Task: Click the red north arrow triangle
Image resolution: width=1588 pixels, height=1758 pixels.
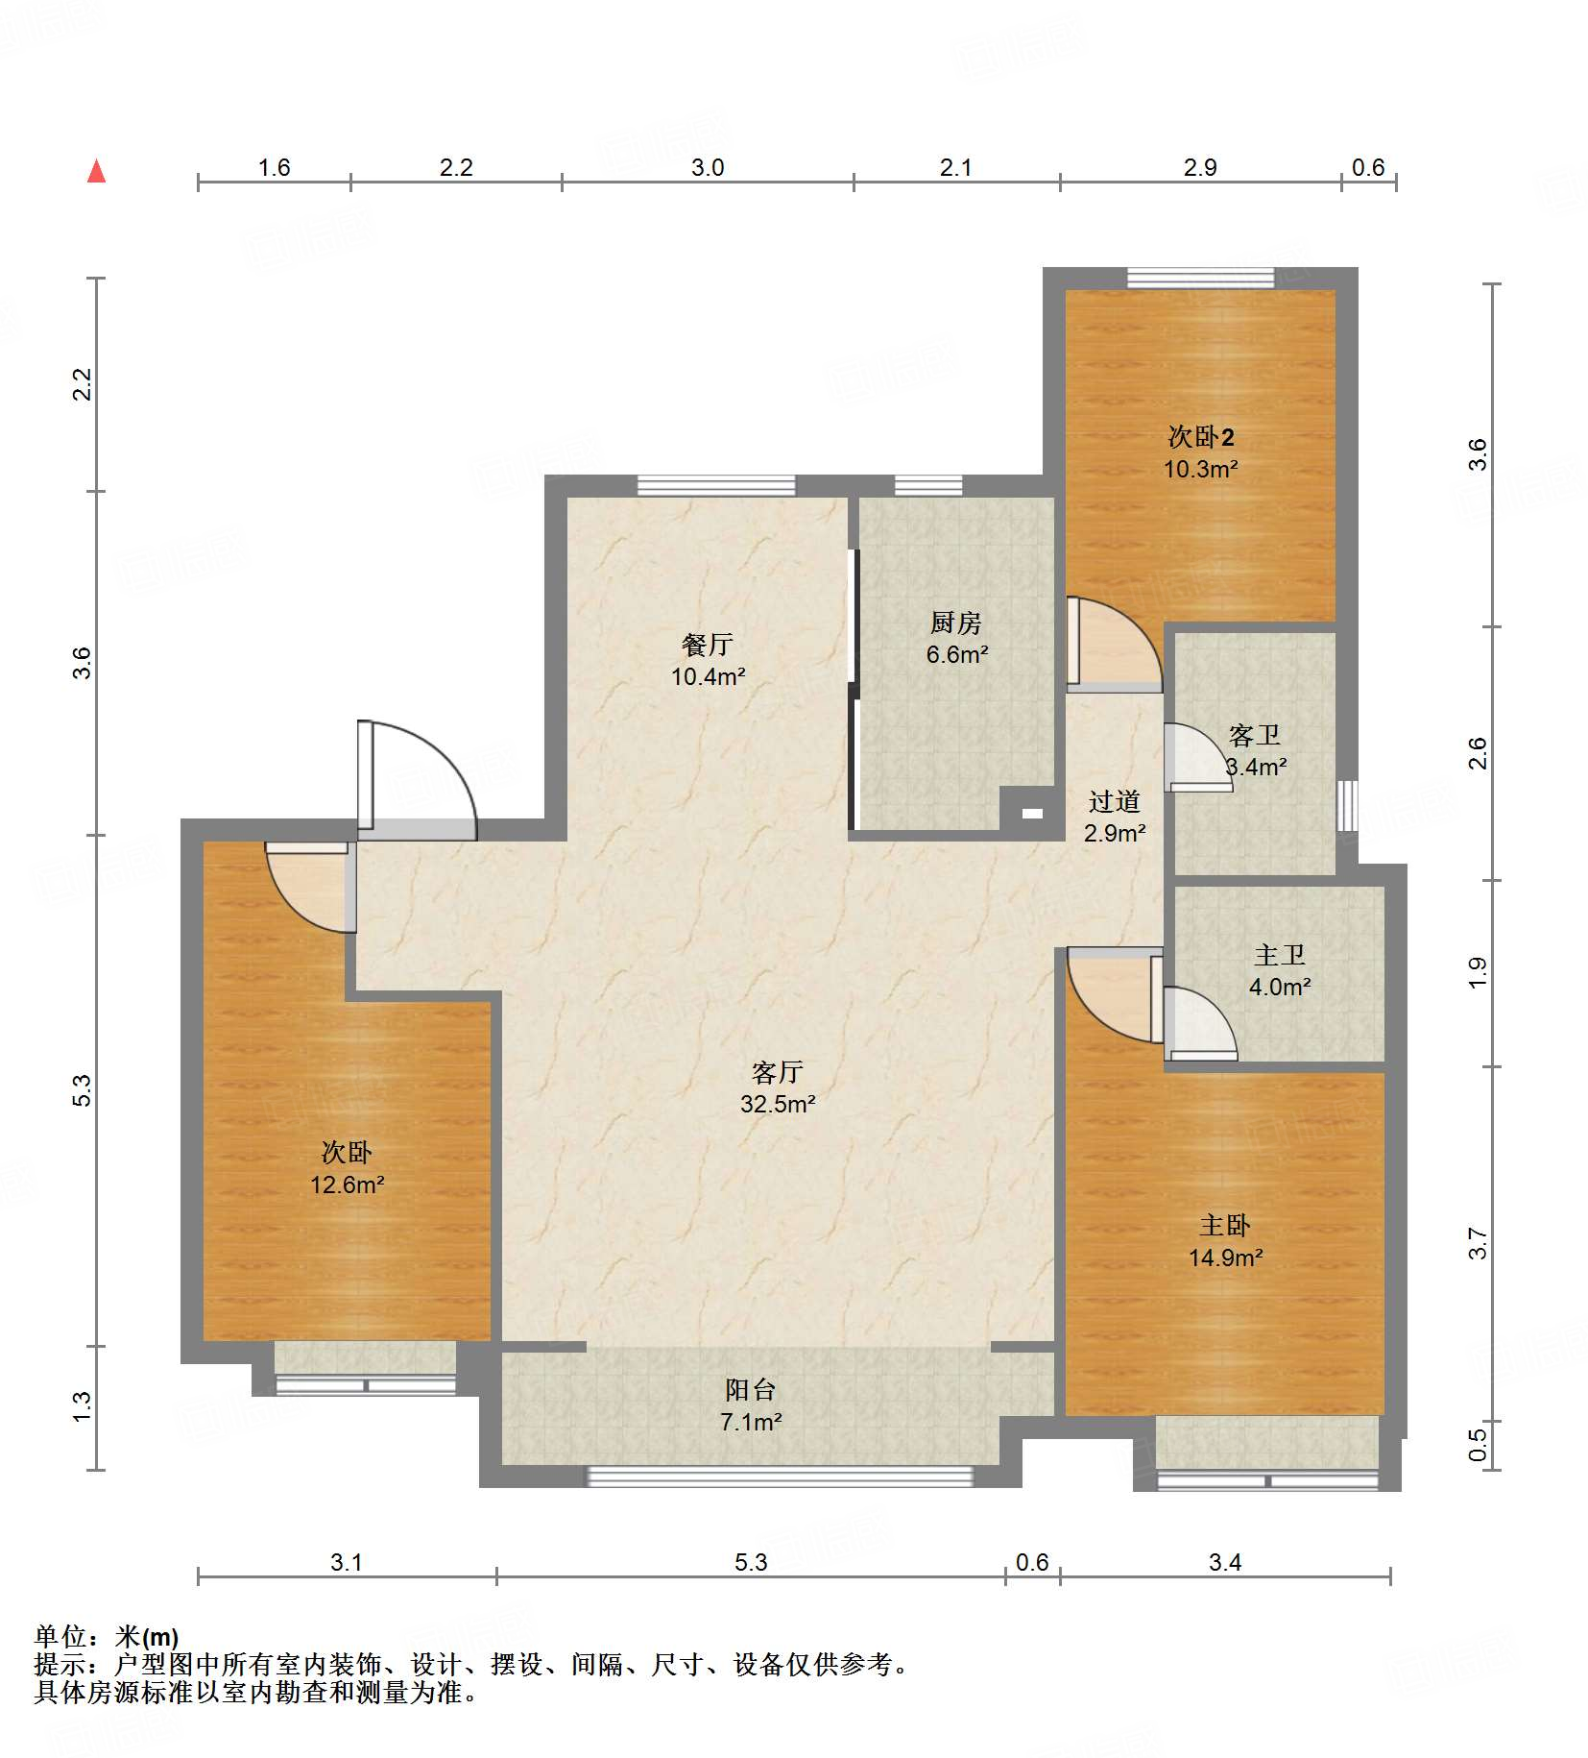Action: click(96, 171)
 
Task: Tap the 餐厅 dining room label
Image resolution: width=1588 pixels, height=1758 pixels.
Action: click(708, 644)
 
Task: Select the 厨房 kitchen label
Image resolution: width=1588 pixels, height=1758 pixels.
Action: click(956, 623)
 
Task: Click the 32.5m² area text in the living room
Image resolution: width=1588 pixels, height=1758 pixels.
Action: click(778, 1104)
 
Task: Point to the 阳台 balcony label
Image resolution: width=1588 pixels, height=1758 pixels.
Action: click(751, 1389)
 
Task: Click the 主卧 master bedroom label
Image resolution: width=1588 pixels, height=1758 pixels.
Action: click(1225, 1225)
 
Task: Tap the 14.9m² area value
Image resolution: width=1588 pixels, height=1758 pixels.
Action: click(1225, 1257)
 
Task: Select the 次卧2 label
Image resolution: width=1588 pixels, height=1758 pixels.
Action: click(1201, 436)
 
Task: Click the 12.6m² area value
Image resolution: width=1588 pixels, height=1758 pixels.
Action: click(347, 1184)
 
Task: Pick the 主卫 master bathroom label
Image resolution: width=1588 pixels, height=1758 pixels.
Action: click(1280, 955)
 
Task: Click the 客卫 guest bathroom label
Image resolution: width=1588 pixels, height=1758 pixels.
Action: click(1255, 735)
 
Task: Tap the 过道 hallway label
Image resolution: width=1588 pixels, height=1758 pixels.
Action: click(1115, 801)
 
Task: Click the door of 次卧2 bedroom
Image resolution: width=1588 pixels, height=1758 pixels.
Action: click(1114, 644)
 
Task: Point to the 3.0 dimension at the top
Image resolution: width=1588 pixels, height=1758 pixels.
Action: click(708, 167)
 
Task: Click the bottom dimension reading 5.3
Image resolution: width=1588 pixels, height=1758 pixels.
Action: click(751, 1562)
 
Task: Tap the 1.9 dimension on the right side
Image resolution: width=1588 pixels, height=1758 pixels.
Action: click(1478, 972)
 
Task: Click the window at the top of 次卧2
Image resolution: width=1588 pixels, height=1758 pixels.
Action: click(1200, 279)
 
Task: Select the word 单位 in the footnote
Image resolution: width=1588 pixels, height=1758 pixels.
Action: click(60, 1636)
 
